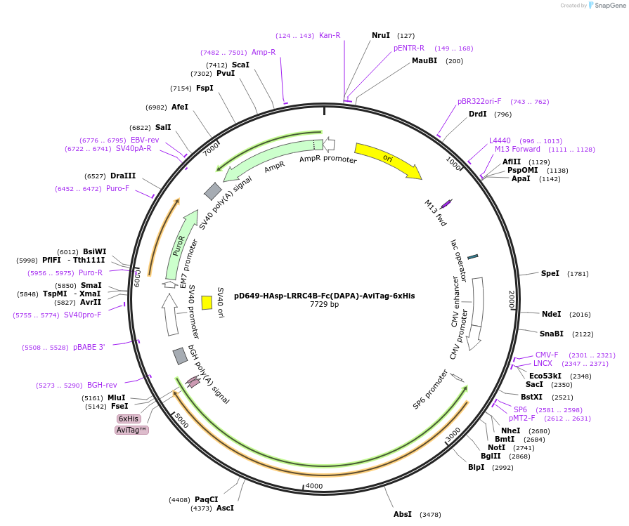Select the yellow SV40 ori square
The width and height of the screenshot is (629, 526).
[x=207, y=302]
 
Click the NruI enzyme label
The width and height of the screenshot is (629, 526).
[x=381, y=35]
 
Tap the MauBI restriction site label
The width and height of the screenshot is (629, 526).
[x=424, y=61]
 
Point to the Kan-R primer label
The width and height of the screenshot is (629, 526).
[x=330, y=35]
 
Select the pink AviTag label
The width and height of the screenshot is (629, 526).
[x=132, y=430]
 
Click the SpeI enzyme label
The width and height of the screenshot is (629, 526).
[x=550, y=273]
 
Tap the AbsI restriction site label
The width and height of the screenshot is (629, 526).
[x=403, y=514]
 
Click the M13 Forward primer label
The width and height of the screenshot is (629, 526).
[x=517, y=149]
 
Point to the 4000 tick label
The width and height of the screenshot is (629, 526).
[x=313, y=486]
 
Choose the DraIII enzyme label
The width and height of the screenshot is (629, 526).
[x=123, y=176]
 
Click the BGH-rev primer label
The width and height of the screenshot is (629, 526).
[x=102, y=385]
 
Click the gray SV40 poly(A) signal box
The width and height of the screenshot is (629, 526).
[x=213, y=191]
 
